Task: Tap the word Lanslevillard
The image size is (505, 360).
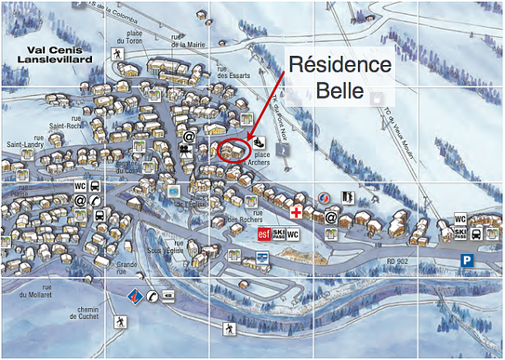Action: point(49,62)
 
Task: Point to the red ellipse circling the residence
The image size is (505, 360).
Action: point(234,151)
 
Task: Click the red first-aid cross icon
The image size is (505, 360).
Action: point(296,212)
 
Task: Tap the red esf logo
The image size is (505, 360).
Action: point(264,235)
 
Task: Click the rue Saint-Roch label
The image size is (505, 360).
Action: point(64,126)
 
